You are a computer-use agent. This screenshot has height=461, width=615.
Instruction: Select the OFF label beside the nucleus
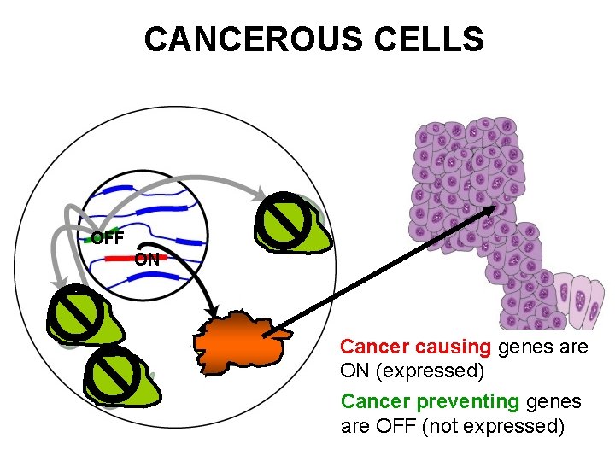coord(108,238)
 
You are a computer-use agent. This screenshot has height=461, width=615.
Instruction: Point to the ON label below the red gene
coord(147,260)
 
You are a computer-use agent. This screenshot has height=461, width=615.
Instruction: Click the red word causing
coord(454,347)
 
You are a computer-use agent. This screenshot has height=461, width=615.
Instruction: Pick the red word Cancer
coord(374,347)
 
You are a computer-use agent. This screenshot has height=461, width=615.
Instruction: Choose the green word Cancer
coord(374,400)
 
